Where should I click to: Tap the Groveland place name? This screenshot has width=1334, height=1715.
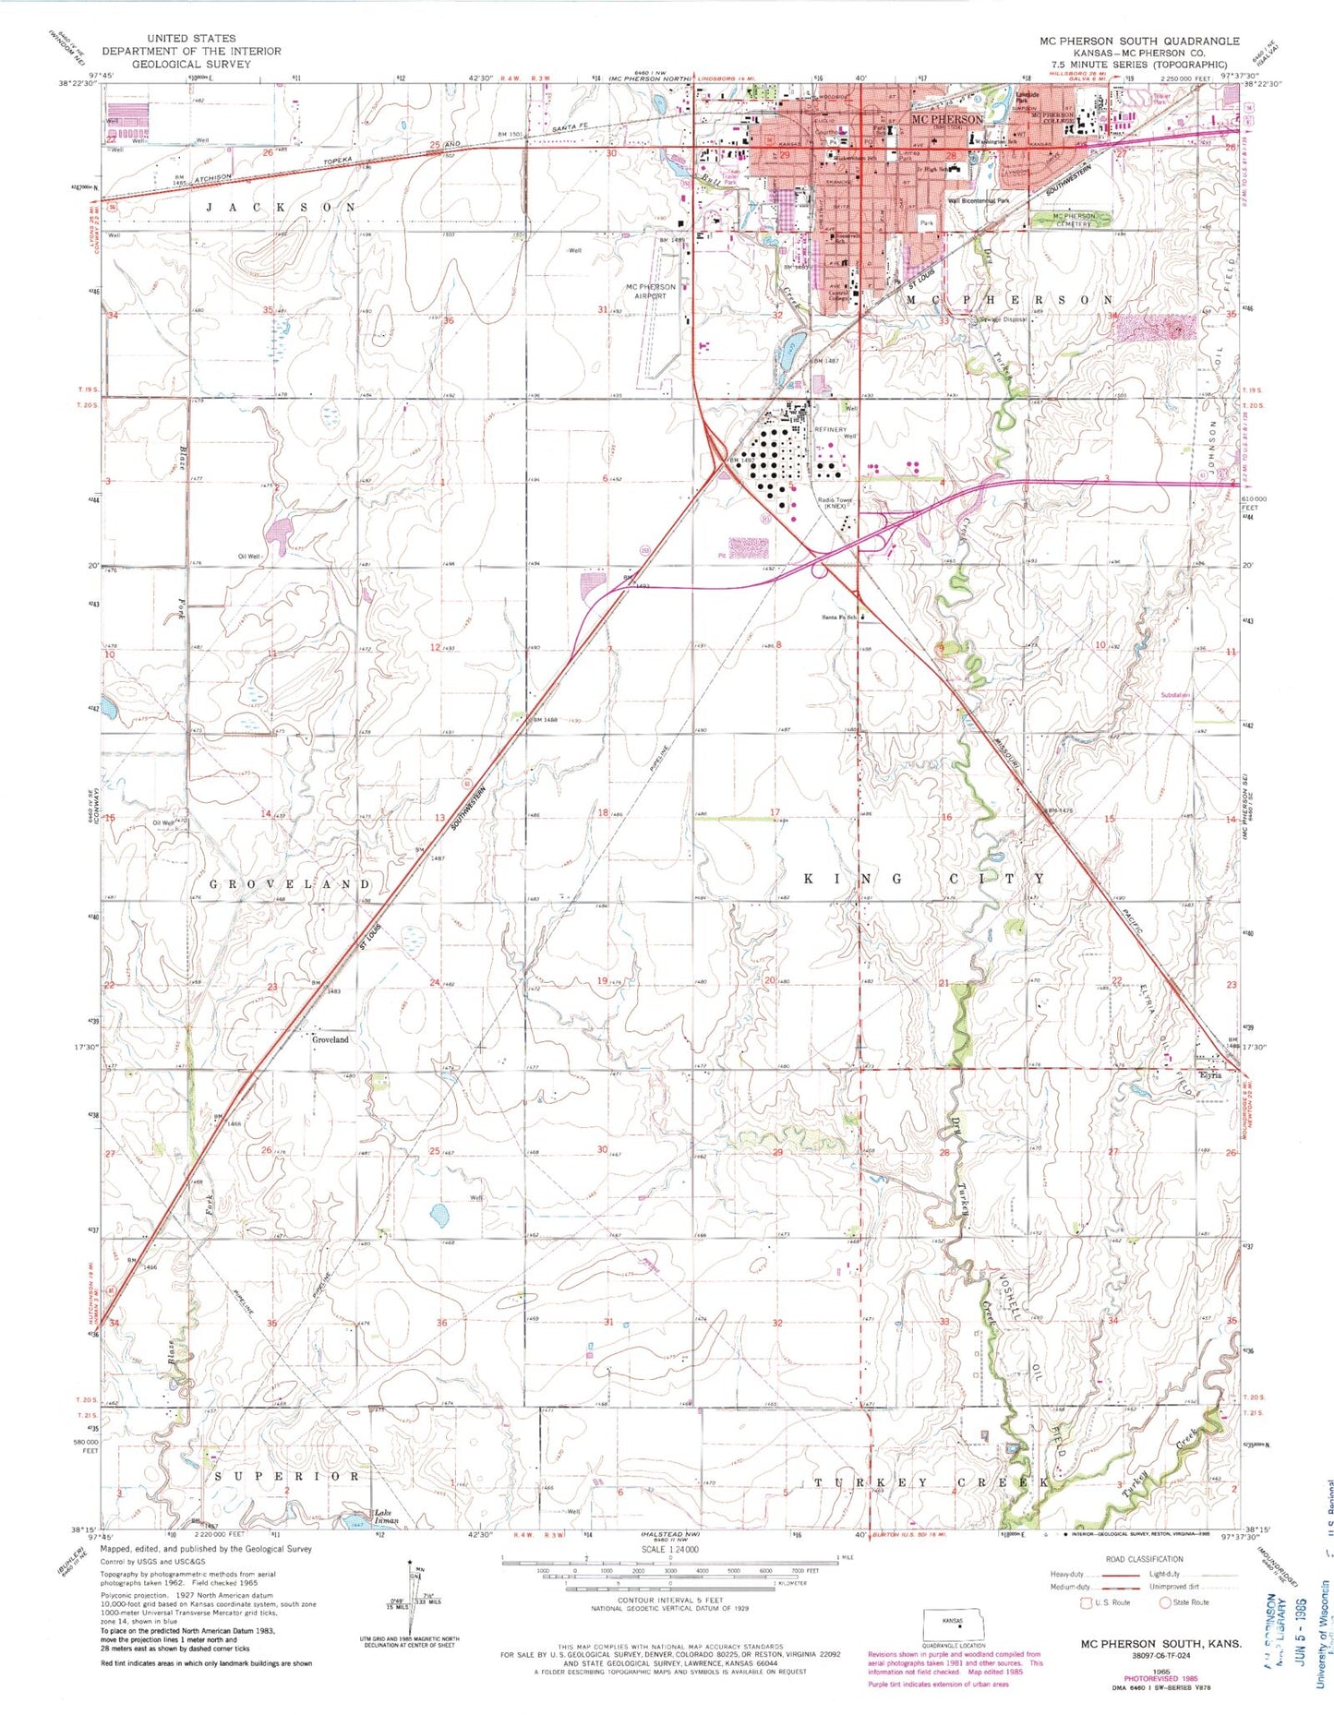pos(330,1039)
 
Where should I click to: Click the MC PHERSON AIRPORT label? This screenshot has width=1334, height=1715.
pos(650,291)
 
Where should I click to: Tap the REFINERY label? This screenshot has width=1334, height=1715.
pos(830,430)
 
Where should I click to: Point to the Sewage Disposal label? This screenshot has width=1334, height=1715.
pos(1002,320)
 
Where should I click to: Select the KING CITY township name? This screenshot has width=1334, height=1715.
pos(924,879)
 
